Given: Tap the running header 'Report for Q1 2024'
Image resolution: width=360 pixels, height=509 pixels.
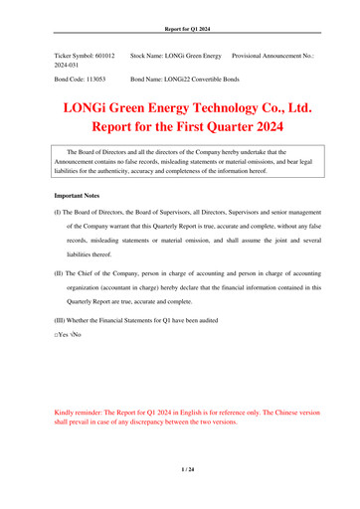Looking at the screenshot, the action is click(x=179, y=9).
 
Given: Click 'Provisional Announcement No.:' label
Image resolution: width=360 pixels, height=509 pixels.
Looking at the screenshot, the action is click(x=277, y=47).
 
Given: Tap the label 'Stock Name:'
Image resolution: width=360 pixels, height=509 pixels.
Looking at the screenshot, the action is click(x=152, y=47).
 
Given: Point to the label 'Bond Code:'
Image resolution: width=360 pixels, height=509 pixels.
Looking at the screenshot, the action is click(x=73, y=76).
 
